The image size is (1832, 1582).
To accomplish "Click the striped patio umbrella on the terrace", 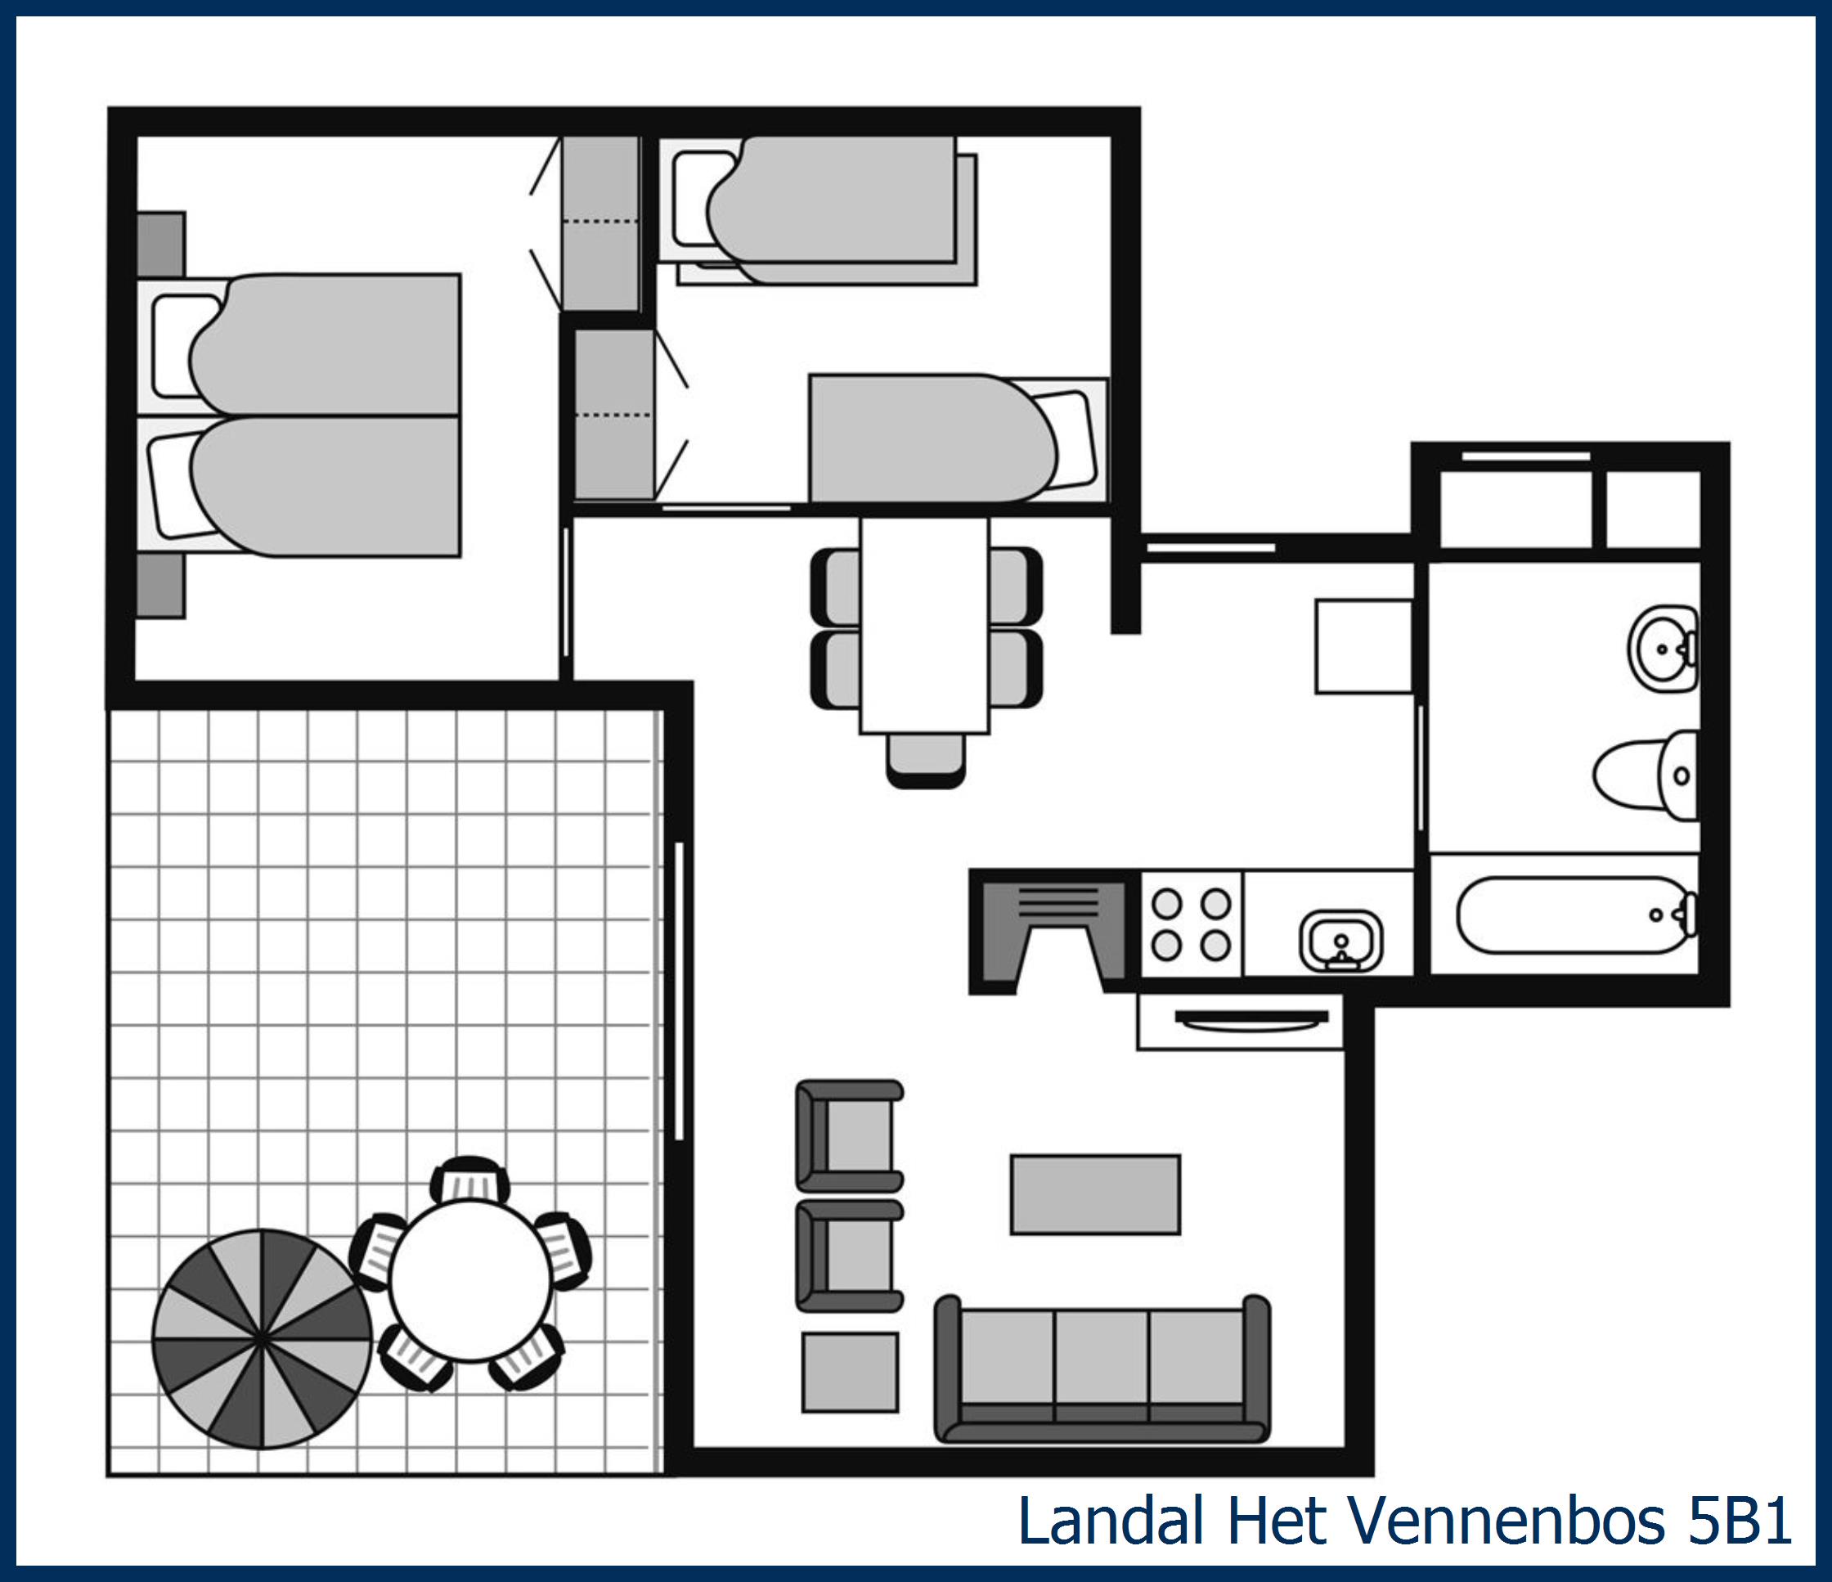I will click(262, 1340).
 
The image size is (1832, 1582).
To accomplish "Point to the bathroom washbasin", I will click(1662, 649).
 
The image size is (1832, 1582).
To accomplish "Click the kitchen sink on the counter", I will click(1340, 940).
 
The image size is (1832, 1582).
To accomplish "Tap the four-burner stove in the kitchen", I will click(1191, 924).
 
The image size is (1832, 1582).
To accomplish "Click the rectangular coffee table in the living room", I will click(1094, 1193).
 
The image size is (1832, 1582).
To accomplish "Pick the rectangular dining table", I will click(924, 625).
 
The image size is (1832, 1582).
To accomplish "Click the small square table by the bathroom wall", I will click(1363, 646).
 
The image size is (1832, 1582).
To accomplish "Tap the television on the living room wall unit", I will click(1251, 1018).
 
